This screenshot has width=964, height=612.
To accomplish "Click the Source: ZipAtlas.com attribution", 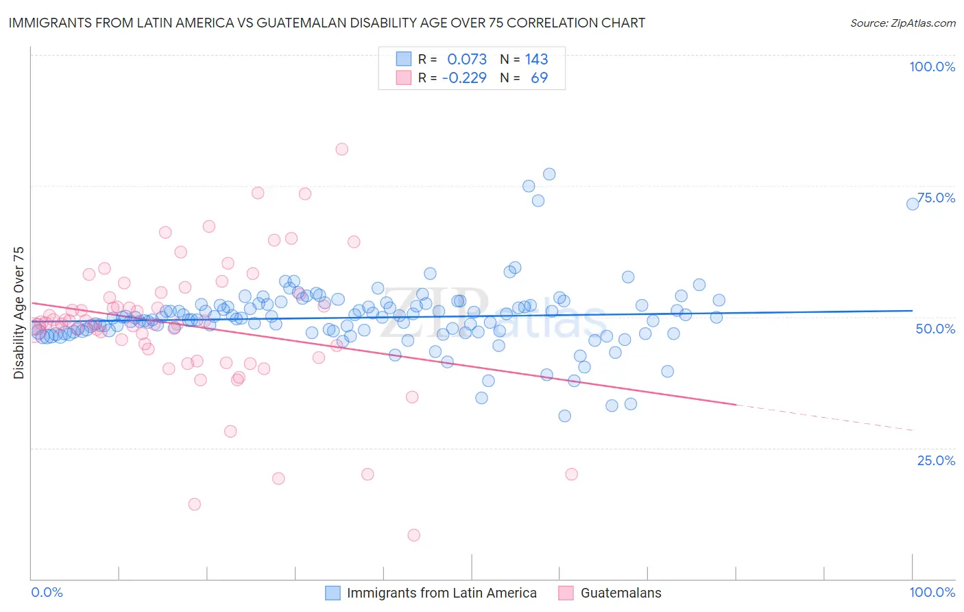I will pyautogui.click(x=902, y=23).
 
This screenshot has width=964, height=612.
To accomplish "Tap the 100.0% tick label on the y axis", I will pyautogui.click(x=932, y=67).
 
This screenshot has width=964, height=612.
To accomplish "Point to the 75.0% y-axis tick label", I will pyautogui.click(x=937, y=198).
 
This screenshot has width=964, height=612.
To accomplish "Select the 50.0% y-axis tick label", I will pyautogui.click(x=935, y=329).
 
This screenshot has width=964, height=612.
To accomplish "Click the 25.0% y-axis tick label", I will pyautogui.click(x=936, y=460).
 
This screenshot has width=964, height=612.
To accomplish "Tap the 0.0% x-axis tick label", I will pyautogui.click(x=47, y=592).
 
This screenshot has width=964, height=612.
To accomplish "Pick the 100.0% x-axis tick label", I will pyautogui.click(x=932, y=592).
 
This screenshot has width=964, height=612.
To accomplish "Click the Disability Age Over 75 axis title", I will pyautogui.click(x=19, y=312).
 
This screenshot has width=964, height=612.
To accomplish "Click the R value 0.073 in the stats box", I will pyautogui.click(x=467, y=60).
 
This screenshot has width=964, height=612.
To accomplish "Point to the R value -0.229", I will pyautogui.click(x=464, y=78).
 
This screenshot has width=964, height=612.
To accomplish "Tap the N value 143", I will pyautogui.click(x=537, y=60).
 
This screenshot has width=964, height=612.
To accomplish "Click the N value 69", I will pyautogui.click(x=540, y=78).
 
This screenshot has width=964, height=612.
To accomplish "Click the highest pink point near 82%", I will pyautogui.click(x=341, y=149).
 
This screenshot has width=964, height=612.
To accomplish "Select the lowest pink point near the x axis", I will pyautogui.click(x=413, y=535).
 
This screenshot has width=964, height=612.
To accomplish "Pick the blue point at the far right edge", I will pyautogui.click(x=913, y=204).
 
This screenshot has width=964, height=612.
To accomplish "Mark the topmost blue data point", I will pyautogui.click(x=549, y=174).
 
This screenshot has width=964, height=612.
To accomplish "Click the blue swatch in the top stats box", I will pyautogui.click(x=404, y=60).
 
